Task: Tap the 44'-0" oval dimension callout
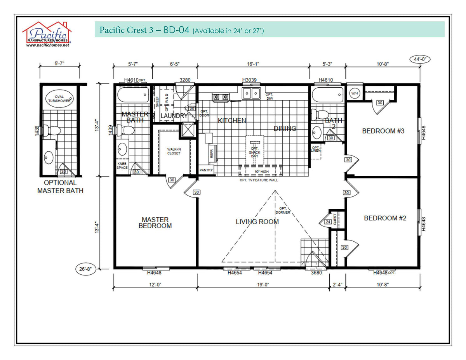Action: pyautogui.click(x=420, y=59)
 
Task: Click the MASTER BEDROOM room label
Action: pyautogui.click(x=155, y=223)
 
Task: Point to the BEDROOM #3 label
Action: pyautogui.click(x=383, y=131)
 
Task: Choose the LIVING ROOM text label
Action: pyautogui.click(x=257, y=222)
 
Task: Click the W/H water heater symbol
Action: pyautogui.click(x=354, y=93)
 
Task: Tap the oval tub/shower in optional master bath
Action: pyautogui.click(x=59, y=98)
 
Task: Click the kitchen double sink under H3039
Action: pyautogui.click(x=251, y=93)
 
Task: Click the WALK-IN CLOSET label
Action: pyautogui.click(x=174, y=151)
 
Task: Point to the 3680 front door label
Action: pyautogui.click(x=316, y=273)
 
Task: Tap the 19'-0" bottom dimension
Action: pyautogui.click(x=263, y=284)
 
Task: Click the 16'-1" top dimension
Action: pyautogui.click(x=253, y=64)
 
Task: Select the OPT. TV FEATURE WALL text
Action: pyautogui.click(x=259, y=180)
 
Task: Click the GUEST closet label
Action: pyautogui.click(x=335, y=220)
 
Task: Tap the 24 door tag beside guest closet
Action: pyautogui.click(x=328, y=222)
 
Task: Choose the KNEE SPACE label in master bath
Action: pyautogui.click(x=122, y=166)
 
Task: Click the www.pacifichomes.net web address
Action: pyautogui.click(x=47, y=45)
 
